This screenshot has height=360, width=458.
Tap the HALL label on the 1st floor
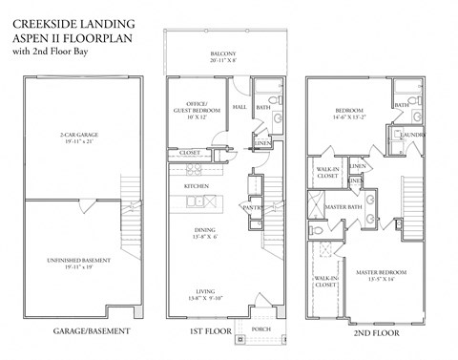240,108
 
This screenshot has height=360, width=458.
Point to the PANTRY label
253,206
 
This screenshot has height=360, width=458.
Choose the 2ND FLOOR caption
363,331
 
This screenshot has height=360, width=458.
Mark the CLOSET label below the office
190,152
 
